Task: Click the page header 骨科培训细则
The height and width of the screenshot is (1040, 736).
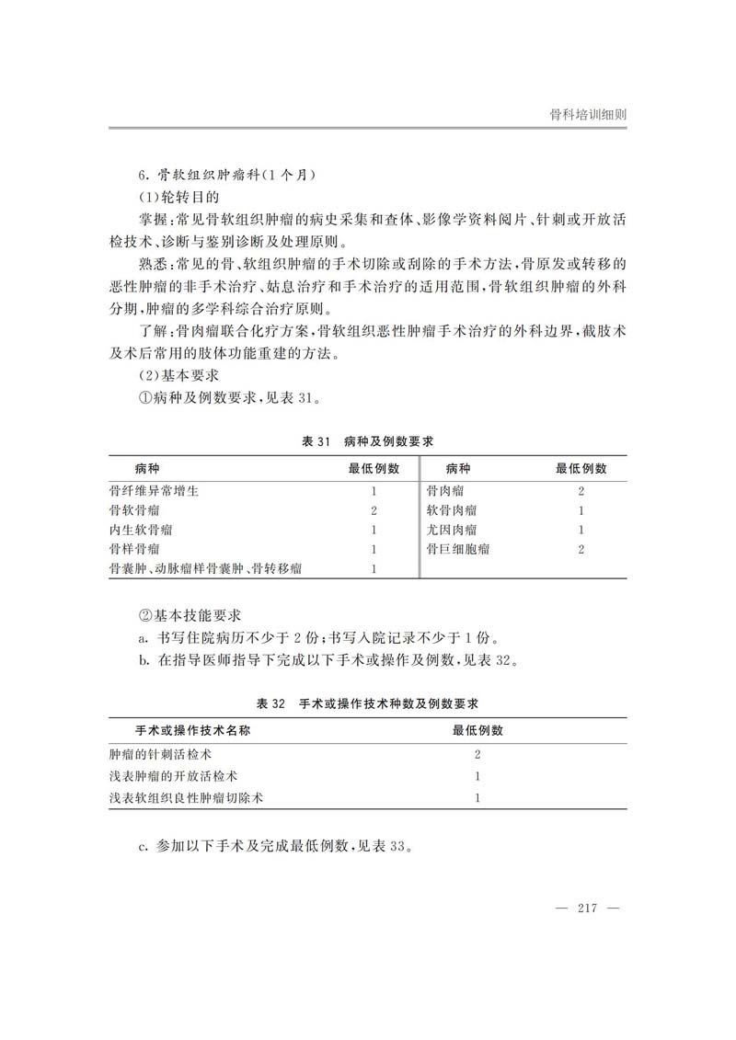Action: coord(588,114)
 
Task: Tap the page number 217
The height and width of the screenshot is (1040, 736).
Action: coord(588,909)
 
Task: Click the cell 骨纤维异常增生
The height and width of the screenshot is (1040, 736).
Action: coord(154,491)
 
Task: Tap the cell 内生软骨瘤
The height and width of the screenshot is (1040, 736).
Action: coord(141,530)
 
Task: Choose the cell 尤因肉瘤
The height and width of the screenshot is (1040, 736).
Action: coord(451,530)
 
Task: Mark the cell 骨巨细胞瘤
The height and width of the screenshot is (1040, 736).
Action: coord(457,549)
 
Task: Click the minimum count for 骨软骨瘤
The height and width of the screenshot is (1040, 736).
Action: coord(374,510)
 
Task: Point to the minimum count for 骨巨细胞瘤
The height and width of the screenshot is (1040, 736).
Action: coord(581,549)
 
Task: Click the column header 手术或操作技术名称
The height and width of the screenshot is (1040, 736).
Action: coord(193,730)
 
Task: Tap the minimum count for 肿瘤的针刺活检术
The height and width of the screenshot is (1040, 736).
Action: coord(477,754)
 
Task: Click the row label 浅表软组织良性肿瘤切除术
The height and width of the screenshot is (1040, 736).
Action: coord(187,798)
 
